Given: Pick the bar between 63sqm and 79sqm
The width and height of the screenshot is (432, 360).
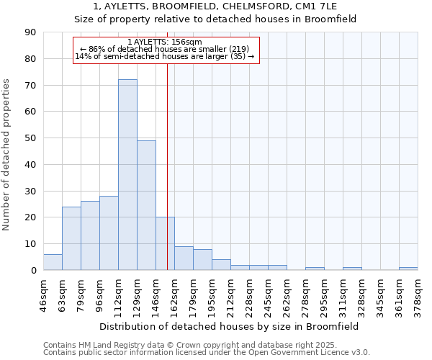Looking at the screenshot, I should point(71,238).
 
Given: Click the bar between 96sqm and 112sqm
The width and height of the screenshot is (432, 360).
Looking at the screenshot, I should point(109,233).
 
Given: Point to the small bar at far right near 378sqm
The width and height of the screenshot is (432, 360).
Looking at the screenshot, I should point(408,269).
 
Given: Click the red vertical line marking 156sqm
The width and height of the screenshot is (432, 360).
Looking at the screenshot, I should point(167,180).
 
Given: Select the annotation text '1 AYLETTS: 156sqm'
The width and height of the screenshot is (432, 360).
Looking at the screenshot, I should point(165,42).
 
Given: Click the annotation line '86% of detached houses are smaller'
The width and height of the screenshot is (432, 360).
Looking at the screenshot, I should point(165,49).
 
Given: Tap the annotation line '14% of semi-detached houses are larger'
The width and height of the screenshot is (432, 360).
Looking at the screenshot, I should point(165,56).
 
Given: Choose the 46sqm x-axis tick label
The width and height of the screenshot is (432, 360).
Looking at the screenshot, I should point(43,292).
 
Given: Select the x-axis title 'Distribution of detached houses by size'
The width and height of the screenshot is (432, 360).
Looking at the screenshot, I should point(230,326).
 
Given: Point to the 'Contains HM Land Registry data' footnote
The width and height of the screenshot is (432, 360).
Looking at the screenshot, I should point(205,345).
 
